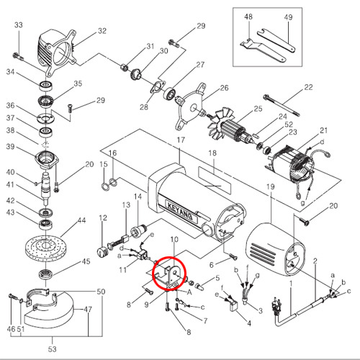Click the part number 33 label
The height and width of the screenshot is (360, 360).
pos(19,25)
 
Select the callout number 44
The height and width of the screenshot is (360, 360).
pos(81,220)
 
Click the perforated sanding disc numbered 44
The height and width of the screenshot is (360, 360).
pos(45,246)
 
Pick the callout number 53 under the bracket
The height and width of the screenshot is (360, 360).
pos(53,349)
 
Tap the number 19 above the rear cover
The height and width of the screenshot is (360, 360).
pos(271,186)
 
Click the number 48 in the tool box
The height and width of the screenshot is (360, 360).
pos(248,17)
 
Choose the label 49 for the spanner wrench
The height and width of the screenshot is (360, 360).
pos(288,17)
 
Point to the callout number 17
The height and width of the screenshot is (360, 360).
pos(181,140)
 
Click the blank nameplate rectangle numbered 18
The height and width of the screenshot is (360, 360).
pos(215,180)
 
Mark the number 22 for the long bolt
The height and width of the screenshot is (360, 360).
pos(308,87)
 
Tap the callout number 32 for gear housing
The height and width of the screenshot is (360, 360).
pos(102,31)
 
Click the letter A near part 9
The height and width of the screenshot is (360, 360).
pos(189,292)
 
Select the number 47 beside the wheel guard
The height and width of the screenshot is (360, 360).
pos(88,309)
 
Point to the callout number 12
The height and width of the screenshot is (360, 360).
pos(103,218)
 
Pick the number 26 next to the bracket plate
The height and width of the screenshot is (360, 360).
pos(224,88)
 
